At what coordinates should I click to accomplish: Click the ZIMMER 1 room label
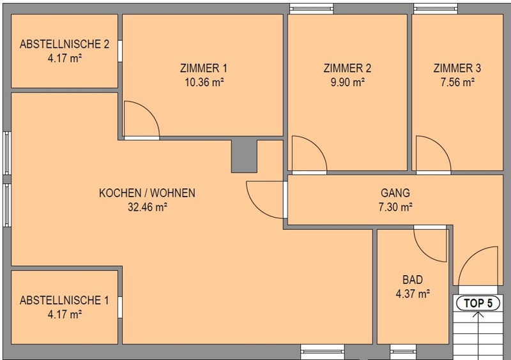pyautogui.click(x=204, y=68)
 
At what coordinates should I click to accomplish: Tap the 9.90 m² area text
pyautogui.click(x=347, y=82)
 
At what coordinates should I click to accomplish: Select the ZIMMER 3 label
pyautogui.click(x=457, y=68)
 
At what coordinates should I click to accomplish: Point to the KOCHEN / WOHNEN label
pyautogui.click(x=148, y=193)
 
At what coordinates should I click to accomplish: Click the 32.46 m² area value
pyautogui.click(x=148, y=207)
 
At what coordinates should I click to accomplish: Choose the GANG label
pyautogui.click(x=395, y=193)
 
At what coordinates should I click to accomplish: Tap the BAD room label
pyautogui.click(x=413, y=280)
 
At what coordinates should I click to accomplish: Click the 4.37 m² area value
pyautogui.click(x=413, y=294)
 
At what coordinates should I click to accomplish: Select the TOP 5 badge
pyautogui.click(x=478, y=303)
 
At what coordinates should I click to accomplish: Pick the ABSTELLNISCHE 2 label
pyautogui.click(x=65, y=44)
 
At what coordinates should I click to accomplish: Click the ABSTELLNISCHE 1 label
pyautogui.click(x=65, y=301)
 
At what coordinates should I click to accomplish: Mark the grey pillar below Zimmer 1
pyautogui.click(x=244, y=156)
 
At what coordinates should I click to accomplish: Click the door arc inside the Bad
pyautogui.click(x=423, y=252)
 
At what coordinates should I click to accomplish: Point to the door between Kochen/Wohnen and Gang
pyautogui.click(x=256, y=208)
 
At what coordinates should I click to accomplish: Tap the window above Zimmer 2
pyautogui.click(x=312, y=9)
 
